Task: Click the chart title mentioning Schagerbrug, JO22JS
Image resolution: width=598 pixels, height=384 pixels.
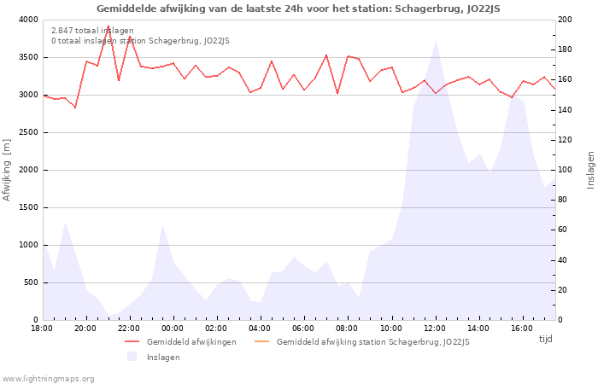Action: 298,9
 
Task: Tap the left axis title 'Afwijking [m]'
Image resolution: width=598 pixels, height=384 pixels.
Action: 7,170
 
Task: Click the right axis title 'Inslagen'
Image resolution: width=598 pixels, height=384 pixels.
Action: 590,170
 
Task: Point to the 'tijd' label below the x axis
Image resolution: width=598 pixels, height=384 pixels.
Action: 545,339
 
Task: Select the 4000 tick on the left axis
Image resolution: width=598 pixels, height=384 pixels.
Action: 27,20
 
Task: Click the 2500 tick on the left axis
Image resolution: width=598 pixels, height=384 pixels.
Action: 27,132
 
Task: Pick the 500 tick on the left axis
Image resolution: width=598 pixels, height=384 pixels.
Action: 30,282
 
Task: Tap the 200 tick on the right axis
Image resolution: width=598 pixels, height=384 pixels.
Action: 566,20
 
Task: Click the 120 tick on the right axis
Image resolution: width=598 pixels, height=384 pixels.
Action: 566,140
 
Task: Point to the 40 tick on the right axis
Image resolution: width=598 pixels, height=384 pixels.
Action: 564,260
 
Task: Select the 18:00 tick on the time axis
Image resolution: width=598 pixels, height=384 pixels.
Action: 42,328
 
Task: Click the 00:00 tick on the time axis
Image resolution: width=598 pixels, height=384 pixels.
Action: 173,328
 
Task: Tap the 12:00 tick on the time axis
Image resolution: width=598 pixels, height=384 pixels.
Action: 435,328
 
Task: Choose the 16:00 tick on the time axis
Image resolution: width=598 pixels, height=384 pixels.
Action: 522,328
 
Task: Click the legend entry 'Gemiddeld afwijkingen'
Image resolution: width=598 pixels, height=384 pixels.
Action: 191,342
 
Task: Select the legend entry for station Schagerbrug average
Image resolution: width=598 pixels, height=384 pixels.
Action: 372,342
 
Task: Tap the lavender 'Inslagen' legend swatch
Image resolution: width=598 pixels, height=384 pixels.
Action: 132,357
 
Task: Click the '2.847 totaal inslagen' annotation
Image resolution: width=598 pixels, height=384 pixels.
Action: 92,31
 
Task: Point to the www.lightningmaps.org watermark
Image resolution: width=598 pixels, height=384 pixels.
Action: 49,378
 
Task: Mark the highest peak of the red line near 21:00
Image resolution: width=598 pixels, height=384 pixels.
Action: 108,26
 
